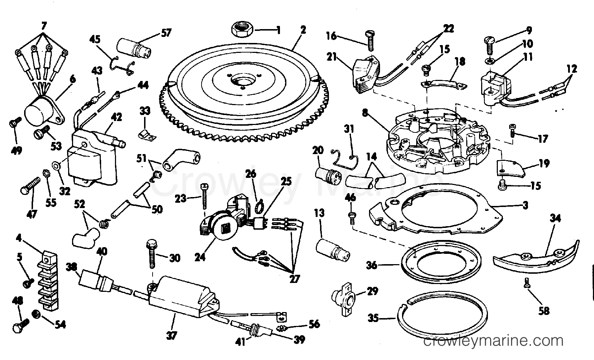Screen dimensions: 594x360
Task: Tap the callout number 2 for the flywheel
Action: pos(303,29)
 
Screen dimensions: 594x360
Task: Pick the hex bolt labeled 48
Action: pos(21,326)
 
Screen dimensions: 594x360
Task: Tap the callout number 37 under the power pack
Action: pos(171,336)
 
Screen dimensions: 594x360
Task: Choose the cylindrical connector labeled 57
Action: pos(134,48)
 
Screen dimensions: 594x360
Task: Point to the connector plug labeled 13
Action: pos(333,250)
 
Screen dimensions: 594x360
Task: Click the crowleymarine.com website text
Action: pos(493,341)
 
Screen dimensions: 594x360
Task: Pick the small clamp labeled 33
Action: pos(147,135)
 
